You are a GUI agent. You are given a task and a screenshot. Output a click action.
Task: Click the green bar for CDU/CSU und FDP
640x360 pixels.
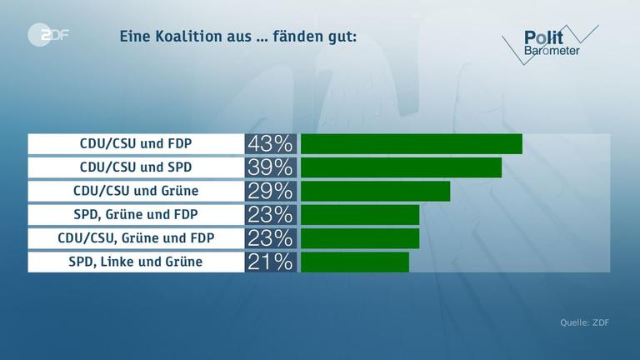411,143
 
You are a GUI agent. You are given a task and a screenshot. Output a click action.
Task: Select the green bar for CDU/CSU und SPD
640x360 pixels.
401,167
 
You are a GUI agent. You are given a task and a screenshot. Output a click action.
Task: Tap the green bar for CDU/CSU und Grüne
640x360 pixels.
375,191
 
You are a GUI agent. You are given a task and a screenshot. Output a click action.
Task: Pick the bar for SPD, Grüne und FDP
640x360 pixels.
359,215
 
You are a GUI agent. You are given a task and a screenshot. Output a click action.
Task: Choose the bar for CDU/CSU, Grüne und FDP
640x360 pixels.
359,238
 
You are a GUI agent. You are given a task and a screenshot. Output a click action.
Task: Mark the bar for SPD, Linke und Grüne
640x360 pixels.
354,262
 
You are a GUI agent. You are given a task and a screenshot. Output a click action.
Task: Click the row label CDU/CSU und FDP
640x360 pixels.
136,143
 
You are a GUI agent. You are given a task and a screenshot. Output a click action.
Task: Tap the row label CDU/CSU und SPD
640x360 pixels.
136,167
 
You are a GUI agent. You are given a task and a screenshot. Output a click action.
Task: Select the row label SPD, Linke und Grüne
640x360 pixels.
136,262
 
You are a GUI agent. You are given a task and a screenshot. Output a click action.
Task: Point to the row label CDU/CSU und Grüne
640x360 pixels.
136,191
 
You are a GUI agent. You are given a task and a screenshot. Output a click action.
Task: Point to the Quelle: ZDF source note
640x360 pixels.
584,322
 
